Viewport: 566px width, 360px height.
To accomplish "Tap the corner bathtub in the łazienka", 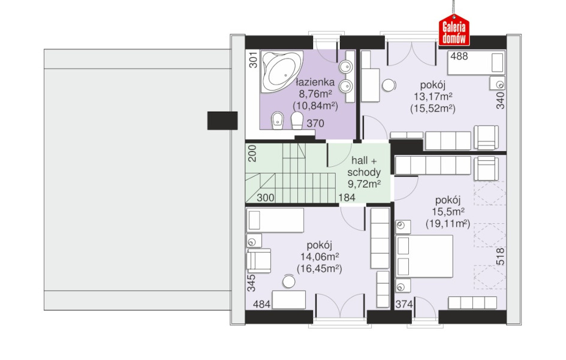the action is click(282, 71).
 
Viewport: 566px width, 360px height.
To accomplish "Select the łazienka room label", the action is click(315, 82).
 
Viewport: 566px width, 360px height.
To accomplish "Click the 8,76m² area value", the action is click(315, 94).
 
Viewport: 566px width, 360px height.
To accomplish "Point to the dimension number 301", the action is click(254, 60).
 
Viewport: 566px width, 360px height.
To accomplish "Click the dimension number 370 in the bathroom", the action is click(315, 124).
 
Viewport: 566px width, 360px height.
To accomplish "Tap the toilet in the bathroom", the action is click(297, 121).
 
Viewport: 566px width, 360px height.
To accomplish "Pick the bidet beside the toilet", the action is click(278, 121).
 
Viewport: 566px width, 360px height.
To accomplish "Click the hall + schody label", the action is click(364, 166).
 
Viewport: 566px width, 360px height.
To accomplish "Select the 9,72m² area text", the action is click(364, 184).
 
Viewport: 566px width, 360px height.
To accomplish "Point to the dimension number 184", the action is click(347, 197).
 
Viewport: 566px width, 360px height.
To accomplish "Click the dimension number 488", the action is click(459, 56).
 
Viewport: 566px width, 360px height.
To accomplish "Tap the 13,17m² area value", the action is click(433, 97).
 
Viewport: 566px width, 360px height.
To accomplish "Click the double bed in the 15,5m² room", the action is click(424, 256).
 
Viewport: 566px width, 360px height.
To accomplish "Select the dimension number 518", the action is click(501, 256).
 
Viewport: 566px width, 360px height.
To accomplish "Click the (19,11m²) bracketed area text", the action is click(448, 224).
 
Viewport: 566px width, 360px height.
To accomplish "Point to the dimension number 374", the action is click(404, 305).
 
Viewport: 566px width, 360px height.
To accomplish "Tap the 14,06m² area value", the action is click(320, 257).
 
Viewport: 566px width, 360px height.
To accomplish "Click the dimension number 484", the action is click(261, 304).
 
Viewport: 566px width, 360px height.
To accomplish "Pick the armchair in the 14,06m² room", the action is click(259, 260).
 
